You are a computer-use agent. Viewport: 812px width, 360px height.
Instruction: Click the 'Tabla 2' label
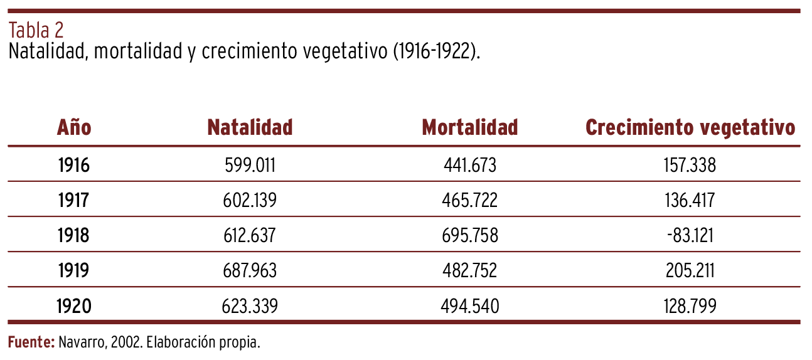click(36, 30)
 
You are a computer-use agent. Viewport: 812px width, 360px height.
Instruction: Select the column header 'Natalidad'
click(250, 128)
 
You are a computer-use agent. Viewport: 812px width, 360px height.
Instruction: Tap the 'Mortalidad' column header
click(470, 128)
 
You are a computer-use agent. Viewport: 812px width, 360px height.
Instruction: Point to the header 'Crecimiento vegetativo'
click(690, 128)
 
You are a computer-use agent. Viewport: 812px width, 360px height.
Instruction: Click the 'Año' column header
click(74, 128)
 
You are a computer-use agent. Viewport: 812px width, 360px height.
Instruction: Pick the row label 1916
click(74, 165)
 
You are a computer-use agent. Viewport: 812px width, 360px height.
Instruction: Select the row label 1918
click(74, 235)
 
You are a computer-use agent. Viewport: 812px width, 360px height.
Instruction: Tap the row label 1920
click(74, 306)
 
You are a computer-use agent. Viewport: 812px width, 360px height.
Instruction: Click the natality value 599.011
click(250, 165)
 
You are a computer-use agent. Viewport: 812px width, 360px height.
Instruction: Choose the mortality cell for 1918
click(470, 235)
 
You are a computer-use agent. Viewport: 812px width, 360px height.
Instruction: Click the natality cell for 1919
click(250, 270)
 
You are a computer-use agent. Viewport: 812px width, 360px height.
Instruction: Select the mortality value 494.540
click(470, 306)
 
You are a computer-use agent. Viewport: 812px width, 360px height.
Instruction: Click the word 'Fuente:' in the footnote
click(31, 342)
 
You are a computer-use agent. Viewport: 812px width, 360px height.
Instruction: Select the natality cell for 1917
click(250, 200)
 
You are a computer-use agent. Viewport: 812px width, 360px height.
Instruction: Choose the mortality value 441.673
click(470, 165)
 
